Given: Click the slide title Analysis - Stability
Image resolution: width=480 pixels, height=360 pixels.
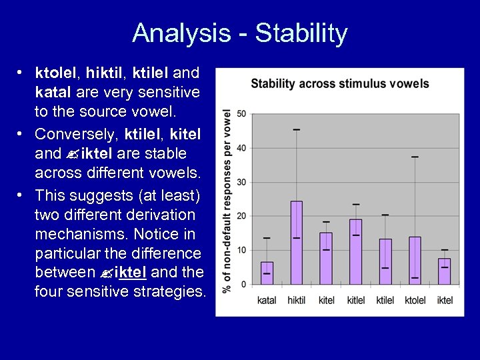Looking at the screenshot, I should [x=240, y=33].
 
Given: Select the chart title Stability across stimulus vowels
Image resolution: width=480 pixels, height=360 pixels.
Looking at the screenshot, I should [x=339, y=83].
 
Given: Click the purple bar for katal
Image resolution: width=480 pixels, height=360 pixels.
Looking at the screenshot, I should [x=267, y=273].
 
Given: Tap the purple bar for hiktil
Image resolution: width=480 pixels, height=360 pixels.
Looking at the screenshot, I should [x=296, y=243].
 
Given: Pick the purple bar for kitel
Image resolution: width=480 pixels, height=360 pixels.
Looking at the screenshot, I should [x=326, y=258].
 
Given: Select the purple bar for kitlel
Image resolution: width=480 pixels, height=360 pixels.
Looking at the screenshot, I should [x=355, y=252].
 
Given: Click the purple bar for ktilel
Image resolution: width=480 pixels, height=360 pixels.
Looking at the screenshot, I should [x=385, y=261].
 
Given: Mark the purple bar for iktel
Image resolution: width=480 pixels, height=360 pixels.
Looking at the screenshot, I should [x=444, y=271].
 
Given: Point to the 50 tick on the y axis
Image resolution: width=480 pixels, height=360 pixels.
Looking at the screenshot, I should [x=242, y=113].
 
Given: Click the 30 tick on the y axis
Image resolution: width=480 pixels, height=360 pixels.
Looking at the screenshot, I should [x=242, y=182].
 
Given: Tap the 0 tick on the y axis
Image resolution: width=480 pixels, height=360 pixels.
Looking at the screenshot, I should [x=244, y=284].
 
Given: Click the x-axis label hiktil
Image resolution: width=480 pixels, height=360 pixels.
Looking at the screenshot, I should [x=296, y=301].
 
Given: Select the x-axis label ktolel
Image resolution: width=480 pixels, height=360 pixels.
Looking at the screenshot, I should [x=415, y=301].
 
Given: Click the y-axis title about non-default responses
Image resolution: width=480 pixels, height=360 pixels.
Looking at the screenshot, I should [x=227, y=200].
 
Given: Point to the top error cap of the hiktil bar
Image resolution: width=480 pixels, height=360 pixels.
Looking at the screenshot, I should [x=296, y=129].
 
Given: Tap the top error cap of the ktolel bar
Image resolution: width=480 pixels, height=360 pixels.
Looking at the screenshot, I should [x=415, y=157].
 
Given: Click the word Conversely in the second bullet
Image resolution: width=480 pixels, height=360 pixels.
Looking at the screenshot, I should [x=75, y=134].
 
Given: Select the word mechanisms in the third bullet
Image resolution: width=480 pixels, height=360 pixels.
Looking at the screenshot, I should [x=79, y=234].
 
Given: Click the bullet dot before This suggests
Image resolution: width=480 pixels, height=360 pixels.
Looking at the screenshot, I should [x=21, y=195].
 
